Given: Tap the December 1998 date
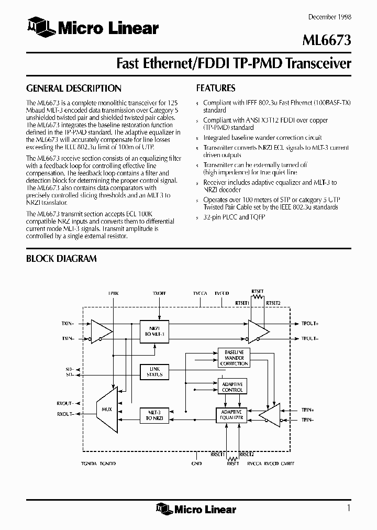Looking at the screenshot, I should [x=329, y=17].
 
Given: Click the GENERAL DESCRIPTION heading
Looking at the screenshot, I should [x=73, y=89].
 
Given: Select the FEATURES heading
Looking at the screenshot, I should [x=215, y=89].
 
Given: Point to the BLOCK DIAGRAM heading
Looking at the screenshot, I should [x=61, y=258].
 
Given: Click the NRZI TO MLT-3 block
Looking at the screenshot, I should [x=155, y=330].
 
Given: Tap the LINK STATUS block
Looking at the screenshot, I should [x=155, y=372].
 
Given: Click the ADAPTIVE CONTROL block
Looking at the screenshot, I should [x=232, y=387].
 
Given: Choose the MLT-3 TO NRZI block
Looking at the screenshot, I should [x=155, y=415].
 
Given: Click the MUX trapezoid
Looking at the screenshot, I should [x=106, y=408].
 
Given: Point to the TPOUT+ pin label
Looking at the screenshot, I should [x=311, y=324].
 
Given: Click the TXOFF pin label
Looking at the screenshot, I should [x=159, y=294].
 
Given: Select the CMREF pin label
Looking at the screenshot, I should [x=287, y=463].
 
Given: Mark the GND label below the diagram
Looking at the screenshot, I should [x=196, y=463].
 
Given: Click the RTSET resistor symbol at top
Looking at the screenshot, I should [x=257, y=296].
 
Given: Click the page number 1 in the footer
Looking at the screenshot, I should [x=348, y=507].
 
